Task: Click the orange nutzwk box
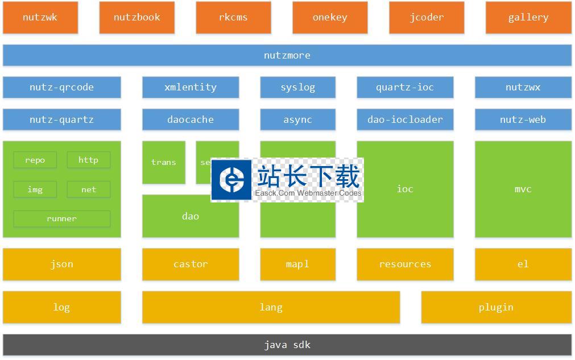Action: coord(40,17)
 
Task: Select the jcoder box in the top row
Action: coord(427,17)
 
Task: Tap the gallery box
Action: coord(528,17)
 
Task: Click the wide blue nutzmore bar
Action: coord(287,55)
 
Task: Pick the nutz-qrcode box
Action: coord(62,87)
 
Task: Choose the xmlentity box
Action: coord(191,87)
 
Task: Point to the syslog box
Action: coord(298,87)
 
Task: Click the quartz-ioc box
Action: coord(405,87)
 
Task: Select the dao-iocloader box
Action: coord(405,119)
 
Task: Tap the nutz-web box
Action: coord(523,119)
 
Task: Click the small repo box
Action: coord(35,160)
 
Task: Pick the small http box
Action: coord(88,160)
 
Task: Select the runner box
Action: coord(61,218)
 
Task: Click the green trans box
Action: coord(164,162)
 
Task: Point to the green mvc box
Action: coord(523,189)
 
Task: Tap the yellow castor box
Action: coord(191,264)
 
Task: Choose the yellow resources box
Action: coord(405,264)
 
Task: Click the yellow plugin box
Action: coord(496,307)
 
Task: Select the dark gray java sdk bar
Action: coord(287,345)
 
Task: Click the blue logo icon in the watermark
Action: coord(231,180)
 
